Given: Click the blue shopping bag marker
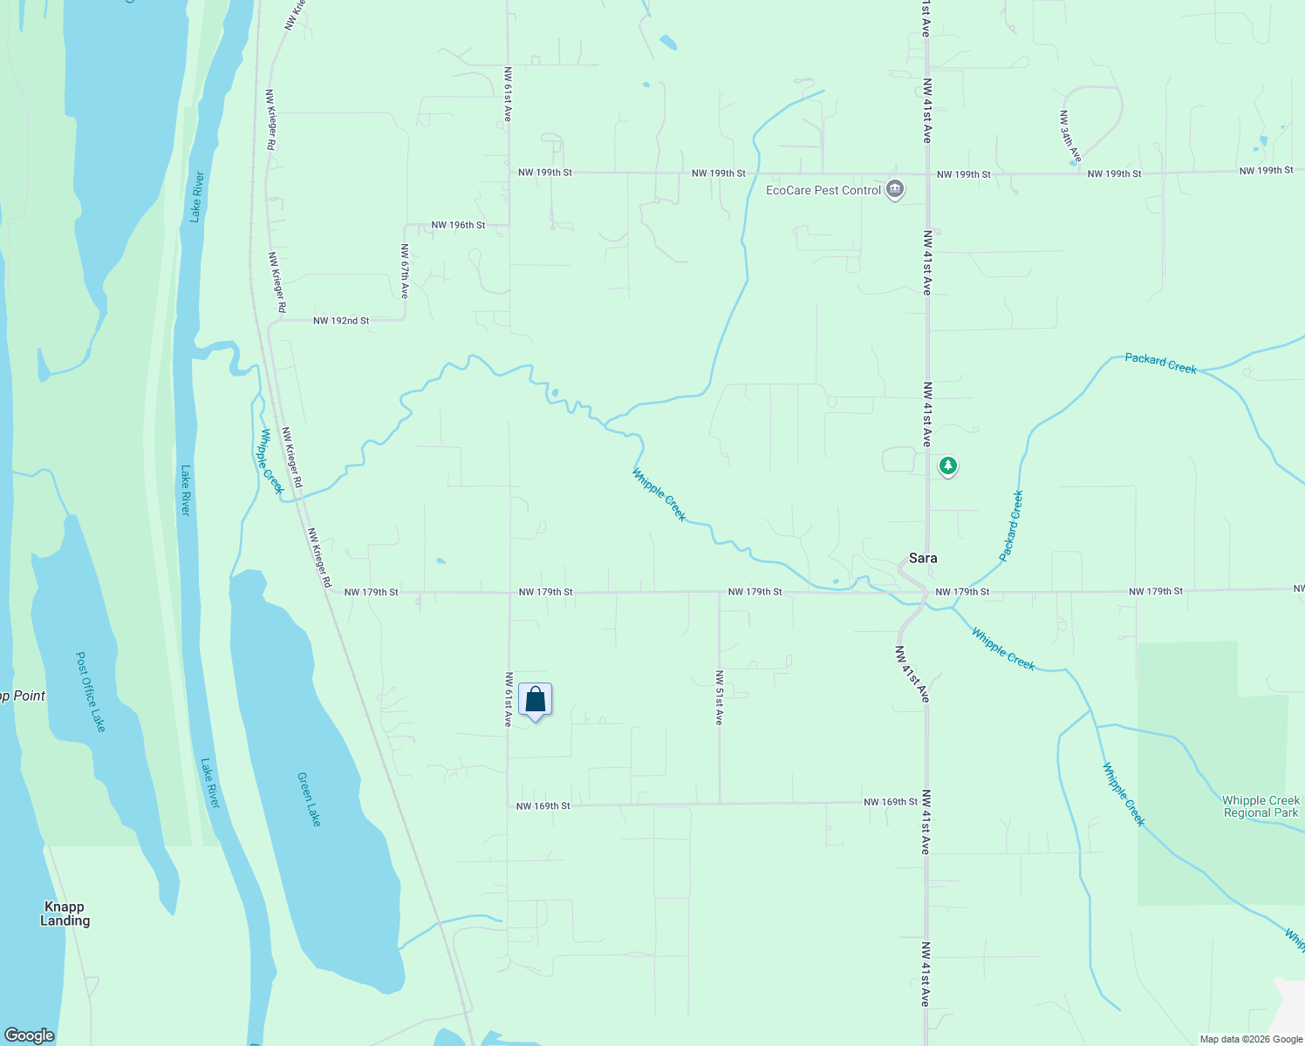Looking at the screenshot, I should pos(535,700).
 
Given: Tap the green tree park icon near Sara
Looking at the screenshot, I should pos(948,466).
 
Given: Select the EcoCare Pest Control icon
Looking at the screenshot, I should pos(894,190).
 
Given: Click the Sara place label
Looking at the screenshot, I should pos(923,558).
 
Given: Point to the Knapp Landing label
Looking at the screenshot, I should pos(65,914).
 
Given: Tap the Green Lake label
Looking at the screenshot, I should pos(309,799).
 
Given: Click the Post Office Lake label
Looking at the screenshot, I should pos(91,692).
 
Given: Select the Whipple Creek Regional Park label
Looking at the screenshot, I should pos(1261,806).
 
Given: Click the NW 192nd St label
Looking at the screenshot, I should pos(341,321).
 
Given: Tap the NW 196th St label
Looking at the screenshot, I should pos(458,225).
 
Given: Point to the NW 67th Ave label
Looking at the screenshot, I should pos(405,271).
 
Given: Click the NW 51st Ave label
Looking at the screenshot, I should pos(719,698).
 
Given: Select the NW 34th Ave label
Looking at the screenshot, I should pos(1070,136).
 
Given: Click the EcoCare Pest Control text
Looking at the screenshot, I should pos(823,190).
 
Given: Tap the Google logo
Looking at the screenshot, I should pos(29,1035).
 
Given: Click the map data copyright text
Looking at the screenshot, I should pos(1251,1039).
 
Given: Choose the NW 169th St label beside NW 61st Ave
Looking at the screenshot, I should pos(543,806).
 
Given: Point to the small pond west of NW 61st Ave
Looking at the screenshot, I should pos(441,560).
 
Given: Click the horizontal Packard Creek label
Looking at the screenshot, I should pos(1160,363).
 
